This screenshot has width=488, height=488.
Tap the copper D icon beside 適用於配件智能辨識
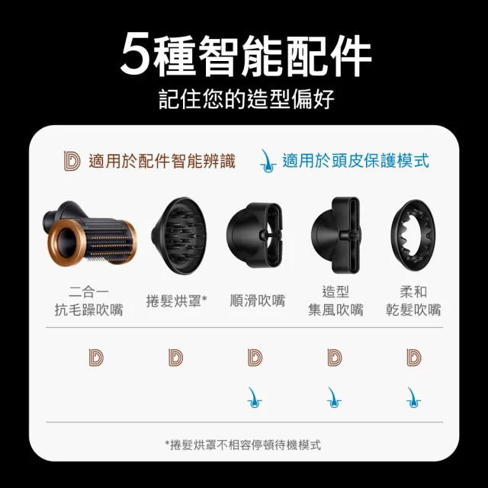pos(72,161)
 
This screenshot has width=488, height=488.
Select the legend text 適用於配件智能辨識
pos(162,161)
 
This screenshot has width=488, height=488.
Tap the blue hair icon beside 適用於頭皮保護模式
pos(267,160)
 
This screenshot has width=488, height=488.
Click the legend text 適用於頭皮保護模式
pos(355,161)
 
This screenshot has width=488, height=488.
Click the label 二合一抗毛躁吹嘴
pos(88,300)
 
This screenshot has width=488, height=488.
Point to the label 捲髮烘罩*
pos(177,300)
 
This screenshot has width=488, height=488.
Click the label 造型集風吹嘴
pos(335,300)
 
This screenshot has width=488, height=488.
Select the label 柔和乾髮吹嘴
pos(413,300)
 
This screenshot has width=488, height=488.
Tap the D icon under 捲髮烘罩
pos(176,356)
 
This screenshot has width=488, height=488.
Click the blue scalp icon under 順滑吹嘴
pos(255,396)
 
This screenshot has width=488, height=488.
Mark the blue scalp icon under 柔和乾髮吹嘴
pos(413,396)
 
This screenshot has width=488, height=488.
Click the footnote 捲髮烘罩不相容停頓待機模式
pos(243,445)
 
